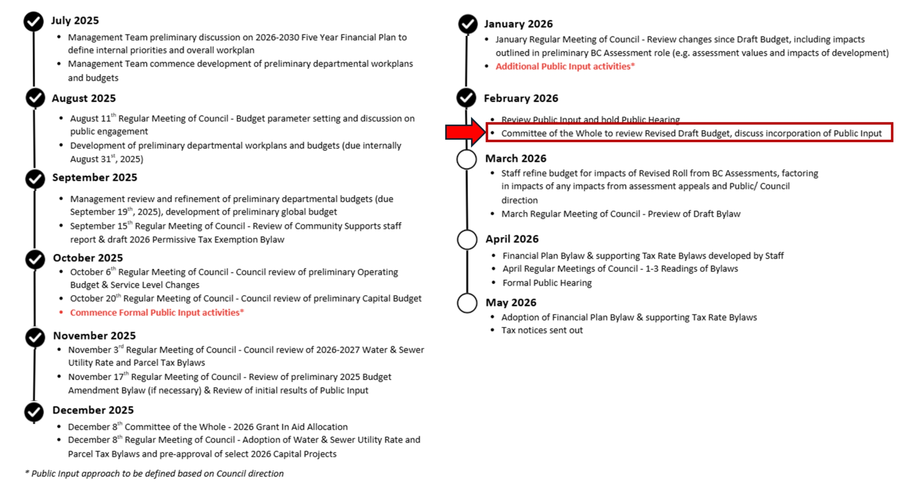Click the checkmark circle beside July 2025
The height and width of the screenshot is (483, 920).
pyautogui.click(x=33, y=21)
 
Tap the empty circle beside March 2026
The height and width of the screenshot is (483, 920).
pyautogui.click(x=467, y=159)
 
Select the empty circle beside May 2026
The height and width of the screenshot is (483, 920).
pyautogui.click(x=467, y=303)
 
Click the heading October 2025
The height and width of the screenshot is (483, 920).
pyautogui.click(x=88, y=258)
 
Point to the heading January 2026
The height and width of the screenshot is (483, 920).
pyautogui.click(x=518, y=24)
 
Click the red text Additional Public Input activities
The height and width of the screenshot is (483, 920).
pyautogui.click(x=565, y=66)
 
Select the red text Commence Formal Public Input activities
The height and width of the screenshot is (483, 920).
pyautogui.click(x=157, y=313)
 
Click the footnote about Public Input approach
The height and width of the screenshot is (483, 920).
pyautogui.click(x=154, y=474)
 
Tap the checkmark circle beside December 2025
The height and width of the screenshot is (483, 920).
pyautogui.click(x=34, y=412)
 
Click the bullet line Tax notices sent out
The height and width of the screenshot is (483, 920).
pyautogui.click(x=542, y=330)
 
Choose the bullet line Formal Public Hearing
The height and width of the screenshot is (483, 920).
pyautogui.click(x=547, y=283)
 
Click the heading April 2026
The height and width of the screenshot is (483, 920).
pyautogui.click(x=512, y=239)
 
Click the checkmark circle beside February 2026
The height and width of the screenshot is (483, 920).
pyautogui.click(x=466, y=98)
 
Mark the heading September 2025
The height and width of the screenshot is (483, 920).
pyautogui.click(x=95, y=178)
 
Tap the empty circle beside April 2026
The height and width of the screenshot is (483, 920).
pyautogui.click(x=467, y=239)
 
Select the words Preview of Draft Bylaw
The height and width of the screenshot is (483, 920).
pyautogui.click(x=694, y=214)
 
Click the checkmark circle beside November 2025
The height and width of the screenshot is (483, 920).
pyautogui.click(x=35, y=337)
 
